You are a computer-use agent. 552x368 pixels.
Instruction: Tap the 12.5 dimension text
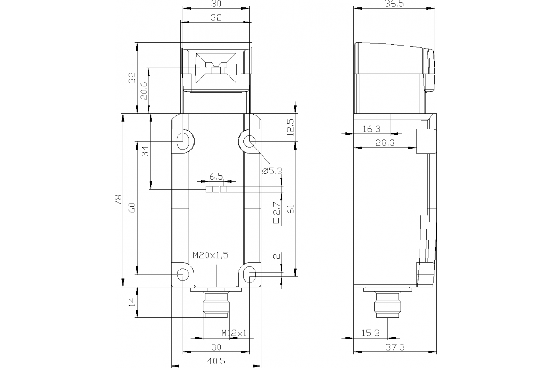pyautogui.click(x=290, y=127)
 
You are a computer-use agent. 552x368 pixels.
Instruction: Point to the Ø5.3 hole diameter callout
pyautogui.click(x=271, y=171)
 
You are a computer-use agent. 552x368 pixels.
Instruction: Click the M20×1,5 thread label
pyautogui.click(x=210, y=255)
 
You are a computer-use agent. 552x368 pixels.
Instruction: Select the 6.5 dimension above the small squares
pyautogui.click(x=216, y=176)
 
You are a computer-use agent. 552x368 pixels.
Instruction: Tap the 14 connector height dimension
pyautogui.click(x=132, y=302)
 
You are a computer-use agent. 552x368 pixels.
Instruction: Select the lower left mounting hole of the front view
pyautogui.click(x=183, y=275)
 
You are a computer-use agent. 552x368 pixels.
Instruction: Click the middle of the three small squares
pyautogui.click(x=216, y=189)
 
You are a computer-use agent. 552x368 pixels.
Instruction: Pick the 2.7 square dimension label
pyautogui.click(x=276, y=213)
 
